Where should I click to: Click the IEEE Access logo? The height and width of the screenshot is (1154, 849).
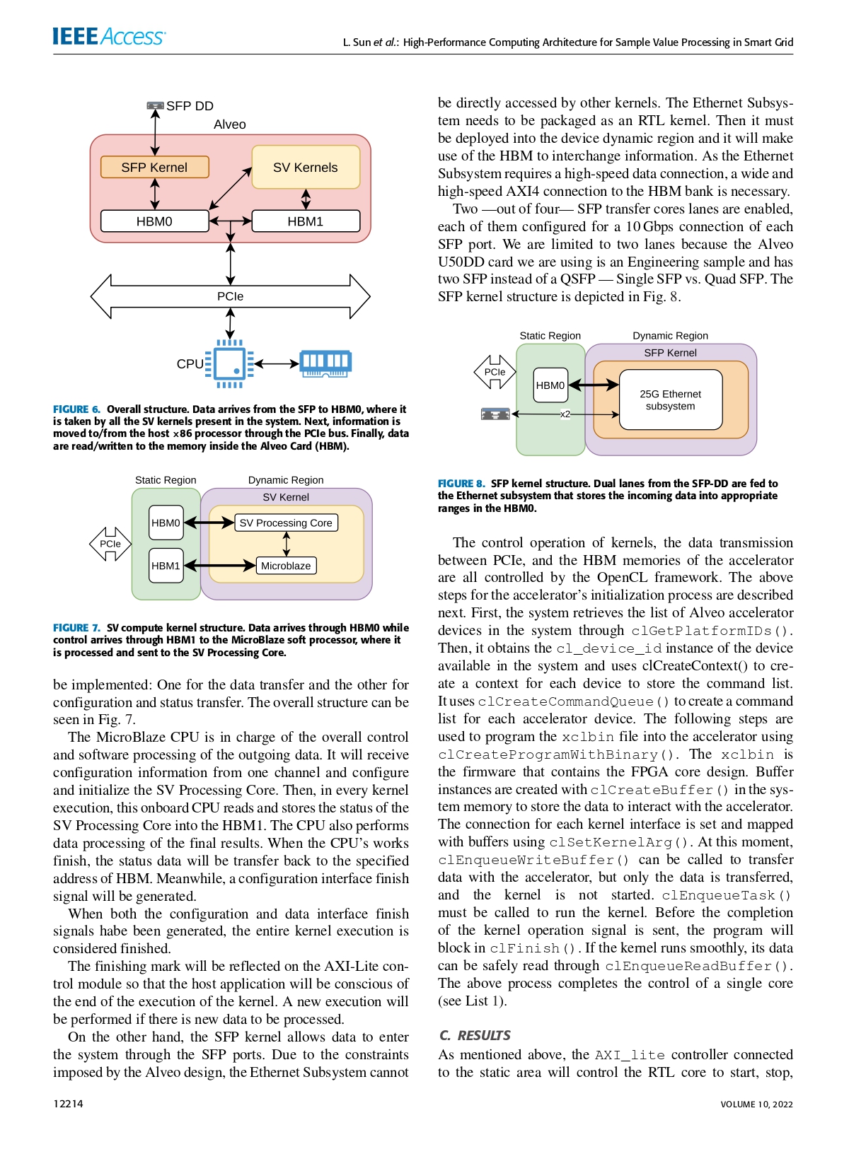pos(109,36)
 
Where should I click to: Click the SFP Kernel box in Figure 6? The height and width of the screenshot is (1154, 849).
pos(154,168)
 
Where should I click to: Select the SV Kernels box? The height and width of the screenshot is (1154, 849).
pos(306,168)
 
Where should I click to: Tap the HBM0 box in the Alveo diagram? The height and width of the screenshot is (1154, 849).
pos(154,221)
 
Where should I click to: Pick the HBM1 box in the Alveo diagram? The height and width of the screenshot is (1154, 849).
pos(306,221)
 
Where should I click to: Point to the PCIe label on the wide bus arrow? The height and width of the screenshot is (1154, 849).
pos(230,296)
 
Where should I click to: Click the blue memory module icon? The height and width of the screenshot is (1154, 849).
pos(325,363)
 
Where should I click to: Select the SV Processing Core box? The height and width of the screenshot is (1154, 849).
pos(286,523)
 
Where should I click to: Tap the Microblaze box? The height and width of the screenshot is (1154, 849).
pos(286,566)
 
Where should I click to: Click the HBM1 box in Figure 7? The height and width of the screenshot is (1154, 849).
pos(166,566)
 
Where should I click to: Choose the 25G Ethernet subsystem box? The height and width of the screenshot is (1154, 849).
pos(671,400)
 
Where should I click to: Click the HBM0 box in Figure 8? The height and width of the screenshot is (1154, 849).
pos(550,385)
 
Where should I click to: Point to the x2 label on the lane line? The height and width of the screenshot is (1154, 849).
pos(565,414)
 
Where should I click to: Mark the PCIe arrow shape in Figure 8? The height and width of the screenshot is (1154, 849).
pos(495,372)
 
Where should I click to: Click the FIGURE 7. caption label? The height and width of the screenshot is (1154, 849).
pos(76,628)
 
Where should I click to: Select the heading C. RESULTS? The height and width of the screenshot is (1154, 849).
pos(475,1035)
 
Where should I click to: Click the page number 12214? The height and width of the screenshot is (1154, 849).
pos(68,1104)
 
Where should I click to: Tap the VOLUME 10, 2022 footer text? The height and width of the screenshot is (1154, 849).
pos(756,1105)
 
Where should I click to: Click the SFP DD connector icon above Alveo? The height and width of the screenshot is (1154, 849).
pos(155,105)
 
